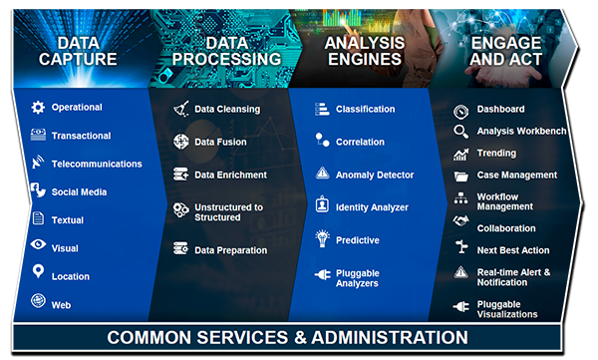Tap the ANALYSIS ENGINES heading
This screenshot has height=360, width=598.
point(365,51)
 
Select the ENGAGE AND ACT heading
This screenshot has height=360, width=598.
point(507,51)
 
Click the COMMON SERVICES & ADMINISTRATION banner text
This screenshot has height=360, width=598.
point(287,337)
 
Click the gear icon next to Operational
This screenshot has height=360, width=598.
point(38,107)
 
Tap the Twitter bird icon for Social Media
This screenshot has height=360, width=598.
point(38,191)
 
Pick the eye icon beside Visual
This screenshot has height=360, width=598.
point(38,247)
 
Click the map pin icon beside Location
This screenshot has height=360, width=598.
point(38,273)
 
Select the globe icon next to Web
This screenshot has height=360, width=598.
point(38,303)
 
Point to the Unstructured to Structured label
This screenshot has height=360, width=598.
point(228,211)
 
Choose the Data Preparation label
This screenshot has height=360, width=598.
point(230,250)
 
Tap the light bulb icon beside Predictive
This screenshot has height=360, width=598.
point(322,238)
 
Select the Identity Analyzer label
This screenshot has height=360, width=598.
point(372,206)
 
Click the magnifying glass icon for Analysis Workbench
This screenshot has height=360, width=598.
point(460,132)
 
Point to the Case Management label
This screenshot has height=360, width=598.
point(517,175)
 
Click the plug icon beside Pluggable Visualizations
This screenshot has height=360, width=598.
point(460,307)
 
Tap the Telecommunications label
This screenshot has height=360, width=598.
point(97,164)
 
